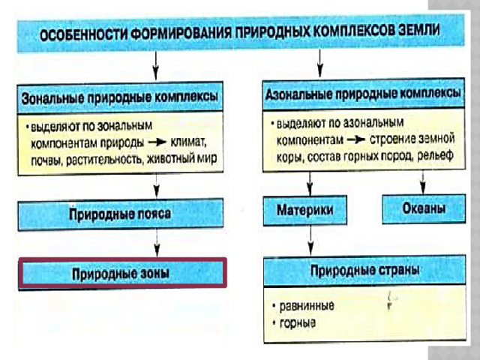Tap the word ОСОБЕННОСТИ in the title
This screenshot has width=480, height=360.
point(83,34)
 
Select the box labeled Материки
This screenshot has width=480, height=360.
point(305,210)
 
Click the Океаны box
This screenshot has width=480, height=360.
point(424,208)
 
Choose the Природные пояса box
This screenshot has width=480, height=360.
point(121,214)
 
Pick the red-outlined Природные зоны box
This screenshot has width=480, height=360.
point(122,273)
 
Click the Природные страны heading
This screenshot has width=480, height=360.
point(364,271)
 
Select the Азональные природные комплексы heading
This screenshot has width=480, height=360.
point(363,94)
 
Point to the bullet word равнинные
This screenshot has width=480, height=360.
point(307,306)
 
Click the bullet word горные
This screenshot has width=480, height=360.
point(298,323)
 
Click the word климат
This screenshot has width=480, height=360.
point(188,142)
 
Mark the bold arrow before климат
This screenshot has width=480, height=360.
point(157,142)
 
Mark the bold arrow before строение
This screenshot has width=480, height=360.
point(356,139)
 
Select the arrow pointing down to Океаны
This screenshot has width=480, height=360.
point(423,182)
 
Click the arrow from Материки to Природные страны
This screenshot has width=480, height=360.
point(310,240)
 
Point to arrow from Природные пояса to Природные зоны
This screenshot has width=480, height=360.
point(157,243)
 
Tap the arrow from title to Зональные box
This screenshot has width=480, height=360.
point(156,66)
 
